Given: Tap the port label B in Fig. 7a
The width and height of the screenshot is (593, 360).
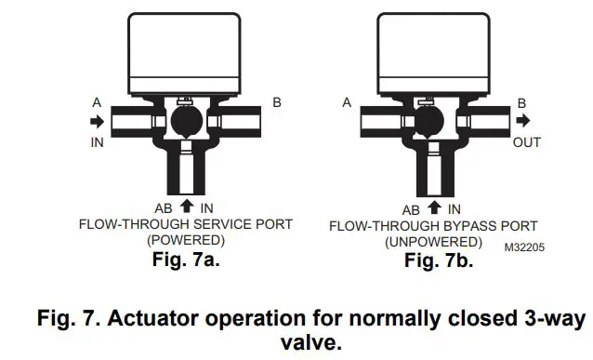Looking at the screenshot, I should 276,101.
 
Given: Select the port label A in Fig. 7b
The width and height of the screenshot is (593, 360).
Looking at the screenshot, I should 347,102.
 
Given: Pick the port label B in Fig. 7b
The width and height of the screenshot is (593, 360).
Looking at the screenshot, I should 522,102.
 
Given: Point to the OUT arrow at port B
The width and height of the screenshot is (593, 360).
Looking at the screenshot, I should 526,121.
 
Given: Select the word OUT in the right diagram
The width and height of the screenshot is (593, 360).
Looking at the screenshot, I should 527,141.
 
